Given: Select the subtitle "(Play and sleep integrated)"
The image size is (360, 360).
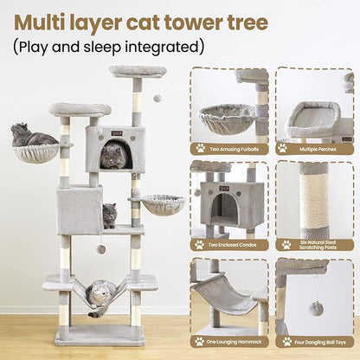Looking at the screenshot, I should [108, 44].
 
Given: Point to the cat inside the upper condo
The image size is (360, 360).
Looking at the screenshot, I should [111, 157].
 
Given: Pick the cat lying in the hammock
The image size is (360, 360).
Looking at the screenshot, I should [101, 294].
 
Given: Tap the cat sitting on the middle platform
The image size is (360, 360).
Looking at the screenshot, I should [109, 215].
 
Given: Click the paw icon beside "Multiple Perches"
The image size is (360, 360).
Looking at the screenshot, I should [286, 148].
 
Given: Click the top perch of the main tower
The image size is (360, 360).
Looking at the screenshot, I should [138, 72].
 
